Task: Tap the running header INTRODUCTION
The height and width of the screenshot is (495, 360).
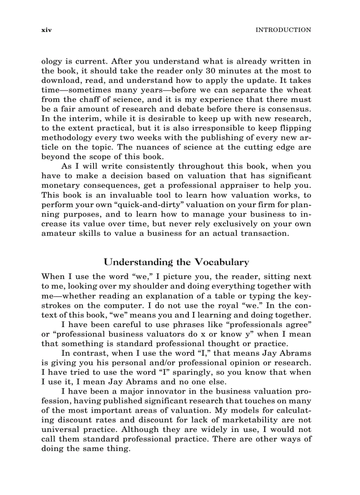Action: pos(284,30)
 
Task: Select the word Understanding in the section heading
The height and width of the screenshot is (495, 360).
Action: pos(139,262)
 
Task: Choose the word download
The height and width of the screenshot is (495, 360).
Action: pos(60,81)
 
